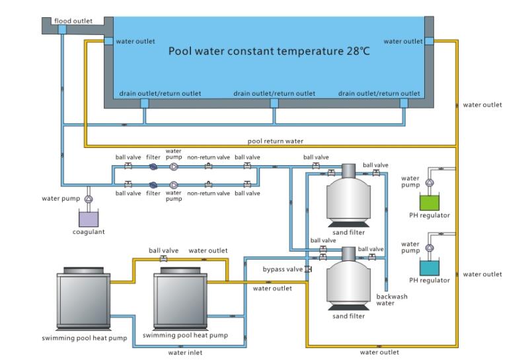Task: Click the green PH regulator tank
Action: [x=430, y=201]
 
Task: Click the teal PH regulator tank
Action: [x=430, y=267]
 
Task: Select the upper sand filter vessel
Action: [x=349, y=196]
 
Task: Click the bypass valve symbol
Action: [x=308, y=270]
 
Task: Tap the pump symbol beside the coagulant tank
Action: [x=89, y=198]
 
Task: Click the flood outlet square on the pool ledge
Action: [x=62, y=30]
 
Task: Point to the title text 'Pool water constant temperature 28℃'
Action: [x=267, y=50]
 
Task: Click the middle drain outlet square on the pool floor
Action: [x=274, y=102]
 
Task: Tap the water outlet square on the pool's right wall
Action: [x=429, y=41]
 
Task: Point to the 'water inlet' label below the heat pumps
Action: [x=185, y=353]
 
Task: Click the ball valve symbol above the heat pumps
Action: [x=163, y=259]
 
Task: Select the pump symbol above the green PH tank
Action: [x=429, y=182]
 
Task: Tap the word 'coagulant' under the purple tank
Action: [x=89, y=232]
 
